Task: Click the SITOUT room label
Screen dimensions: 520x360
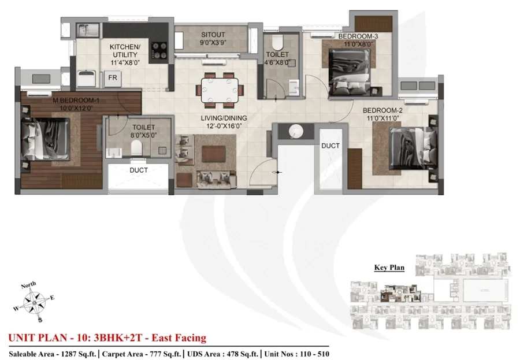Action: click(213, 35)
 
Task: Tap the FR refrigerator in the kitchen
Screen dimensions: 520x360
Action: click(113, 79)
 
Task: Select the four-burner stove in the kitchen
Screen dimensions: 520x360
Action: click(159, 51)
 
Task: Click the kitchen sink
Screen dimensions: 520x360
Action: click(88, 30)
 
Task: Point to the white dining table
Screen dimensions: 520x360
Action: click(220, 90)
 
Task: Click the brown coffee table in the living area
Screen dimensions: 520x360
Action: click(214, 154)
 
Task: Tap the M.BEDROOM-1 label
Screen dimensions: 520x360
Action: click(76, 100)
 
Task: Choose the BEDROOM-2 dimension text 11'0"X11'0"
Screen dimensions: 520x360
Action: click(382, 118)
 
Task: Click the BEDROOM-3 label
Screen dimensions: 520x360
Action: click(358, 36)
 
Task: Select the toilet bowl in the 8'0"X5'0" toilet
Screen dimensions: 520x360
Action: click(136, 148)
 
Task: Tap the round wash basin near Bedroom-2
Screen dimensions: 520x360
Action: click(296, 131)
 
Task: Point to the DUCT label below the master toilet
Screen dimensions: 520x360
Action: click(139, 170)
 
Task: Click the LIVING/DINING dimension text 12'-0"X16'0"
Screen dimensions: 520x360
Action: click(224, 126)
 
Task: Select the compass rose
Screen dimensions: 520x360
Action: click(35, 302)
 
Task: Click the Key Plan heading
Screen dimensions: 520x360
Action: click(389, 268)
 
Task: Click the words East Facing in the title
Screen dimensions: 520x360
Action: click(179, 338)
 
